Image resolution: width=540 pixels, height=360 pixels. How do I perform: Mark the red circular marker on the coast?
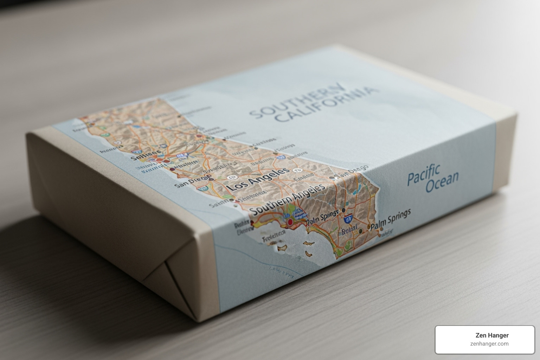point(290,222)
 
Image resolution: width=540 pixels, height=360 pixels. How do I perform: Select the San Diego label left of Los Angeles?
point(190,182)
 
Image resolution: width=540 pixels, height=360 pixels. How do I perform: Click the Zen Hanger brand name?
point(491,335)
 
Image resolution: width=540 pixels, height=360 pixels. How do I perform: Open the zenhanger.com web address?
point(489,344)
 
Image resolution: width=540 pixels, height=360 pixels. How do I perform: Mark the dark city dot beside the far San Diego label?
point(332,178)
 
